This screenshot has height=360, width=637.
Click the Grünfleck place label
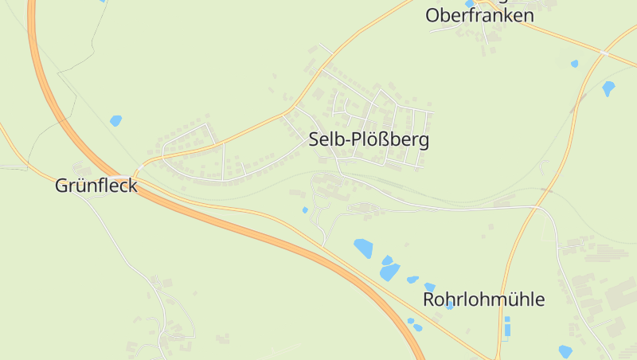(96, 186)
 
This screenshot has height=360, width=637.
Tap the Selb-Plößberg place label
(369, 141)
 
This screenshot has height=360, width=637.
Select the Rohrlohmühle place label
(483, 300)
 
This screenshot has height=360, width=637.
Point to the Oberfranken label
(479, 16)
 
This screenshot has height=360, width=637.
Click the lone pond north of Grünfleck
(115, 121)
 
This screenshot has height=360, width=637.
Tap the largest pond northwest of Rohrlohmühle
(364, 248)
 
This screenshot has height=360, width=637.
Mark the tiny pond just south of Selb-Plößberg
(305, 210)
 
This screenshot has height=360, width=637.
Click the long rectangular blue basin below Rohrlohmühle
(507, 327)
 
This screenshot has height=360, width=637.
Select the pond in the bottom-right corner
(565, 351)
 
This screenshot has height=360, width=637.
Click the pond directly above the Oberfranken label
(469, 3)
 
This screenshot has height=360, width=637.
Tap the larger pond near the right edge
(609, 88)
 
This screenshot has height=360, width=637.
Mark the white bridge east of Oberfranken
(604, 52)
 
